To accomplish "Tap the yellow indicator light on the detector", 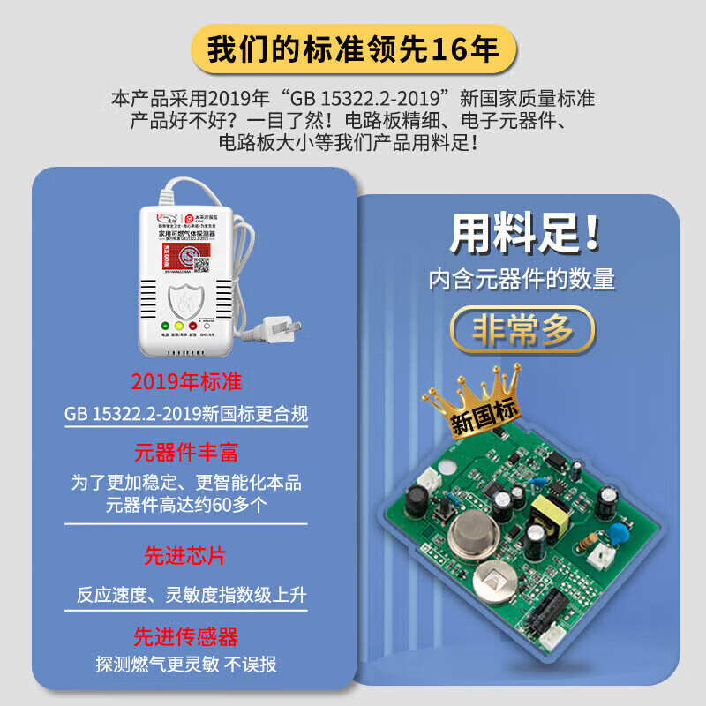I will coord(179,325).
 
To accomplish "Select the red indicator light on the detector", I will coord(192,325).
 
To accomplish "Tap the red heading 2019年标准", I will coord(186,382).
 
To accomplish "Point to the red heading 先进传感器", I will coord(186,636).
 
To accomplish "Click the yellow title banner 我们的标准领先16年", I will coord(353,49).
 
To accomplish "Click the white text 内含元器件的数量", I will coord(522,280).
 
